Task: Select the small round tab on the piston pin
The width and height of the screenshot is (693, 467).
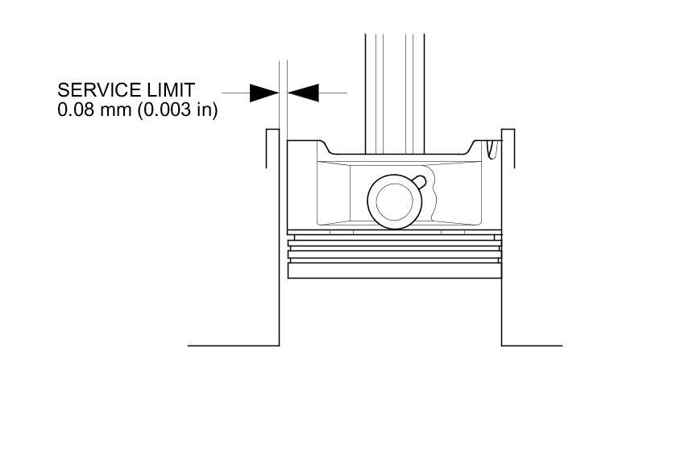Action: pyautogui.click(x=421, y=180)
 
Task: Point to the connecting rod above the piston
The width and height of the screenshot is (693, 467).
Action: pyautogui.click(x=395, y=89)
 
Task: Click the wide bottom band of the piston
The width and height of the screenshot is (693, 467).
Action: pyautogui.click(x=395, y=271)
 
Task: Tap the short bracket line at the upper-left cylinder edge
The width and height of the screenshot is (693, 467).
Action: pyautogui.click(x=267, y=149)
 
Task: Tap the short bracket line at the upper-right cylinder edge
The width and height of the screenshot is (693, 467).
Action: pyautogui.click(x=514, y=149)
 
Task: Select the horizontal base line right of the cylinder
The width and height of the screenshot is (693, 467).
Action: pyautogui.click(x=532, y=345)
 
